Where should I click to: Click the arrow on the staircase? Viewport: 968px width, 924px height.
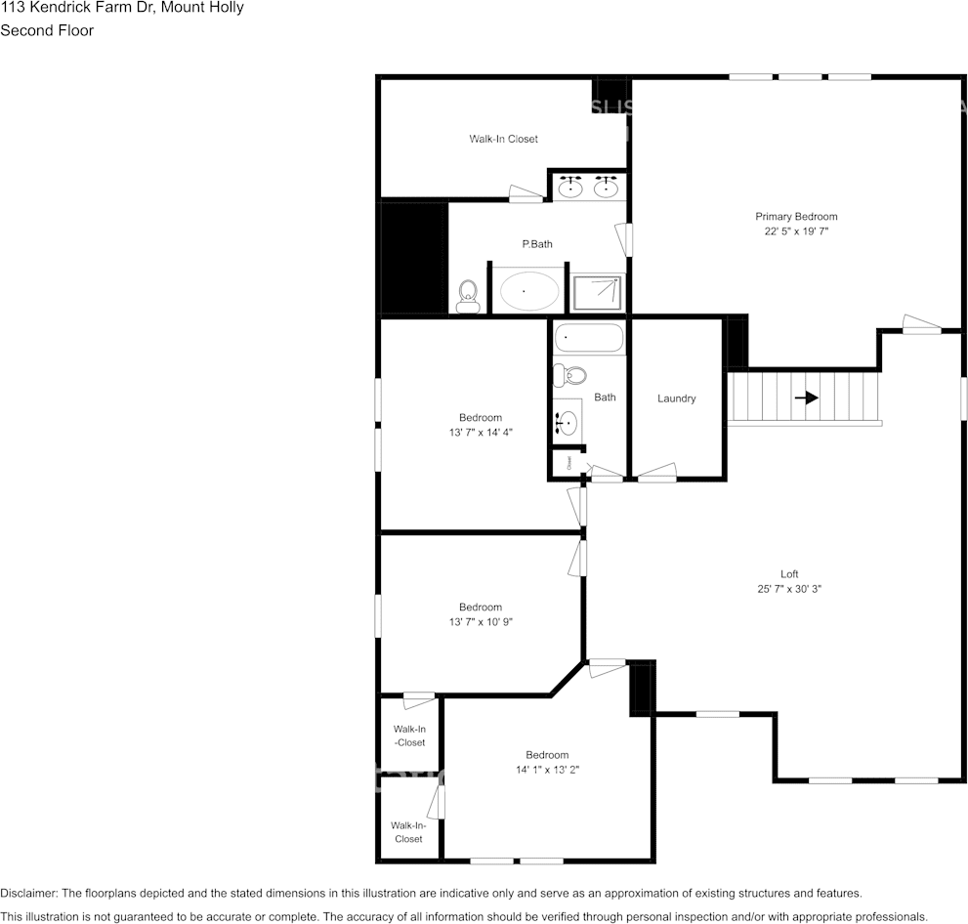point(806,398)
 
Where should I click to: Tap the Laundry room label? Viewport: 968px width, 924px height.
point(676,399)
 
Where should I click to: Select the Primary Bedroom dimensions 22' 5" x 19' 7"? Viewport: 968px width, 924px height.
point(796,231)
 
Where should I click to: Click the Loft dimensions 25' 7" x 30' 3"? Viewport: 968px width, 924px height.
point(788,589)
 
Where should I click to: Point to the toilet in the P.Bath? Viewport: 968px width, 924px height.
point(468,296)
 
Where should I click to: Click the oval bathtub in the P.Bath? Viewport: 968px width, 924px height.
point(529,291)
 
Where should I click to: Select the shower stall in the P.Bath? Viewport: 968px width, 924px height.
point(596,292)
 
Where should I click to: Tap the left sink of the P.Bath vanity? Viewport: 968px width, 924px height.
point(572,186)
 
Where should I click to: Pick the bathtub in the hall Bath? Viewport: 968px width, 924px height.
point(589,339)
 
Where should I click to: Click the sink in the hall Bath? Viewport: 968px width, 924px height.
point(568,422)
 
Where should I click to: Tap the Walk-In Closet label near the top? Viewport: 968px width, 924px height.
point(503,139)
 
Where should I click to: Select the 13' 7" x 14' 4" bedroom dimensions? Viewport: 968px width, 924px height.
point(481,432)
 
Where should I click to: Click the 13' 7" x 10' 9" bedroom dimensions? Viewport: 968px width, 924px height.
point(481,621)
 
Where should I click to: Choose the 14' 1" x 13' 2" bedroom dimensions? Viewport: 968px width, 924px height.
point(547,769)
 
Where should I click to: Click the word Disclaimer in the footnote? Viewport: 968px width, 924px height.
point(28,893)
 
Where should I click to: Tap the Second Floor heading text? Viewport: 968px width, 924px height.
point(47,30)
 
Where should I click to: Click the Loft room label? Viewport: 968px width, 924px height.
point(788,574)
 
